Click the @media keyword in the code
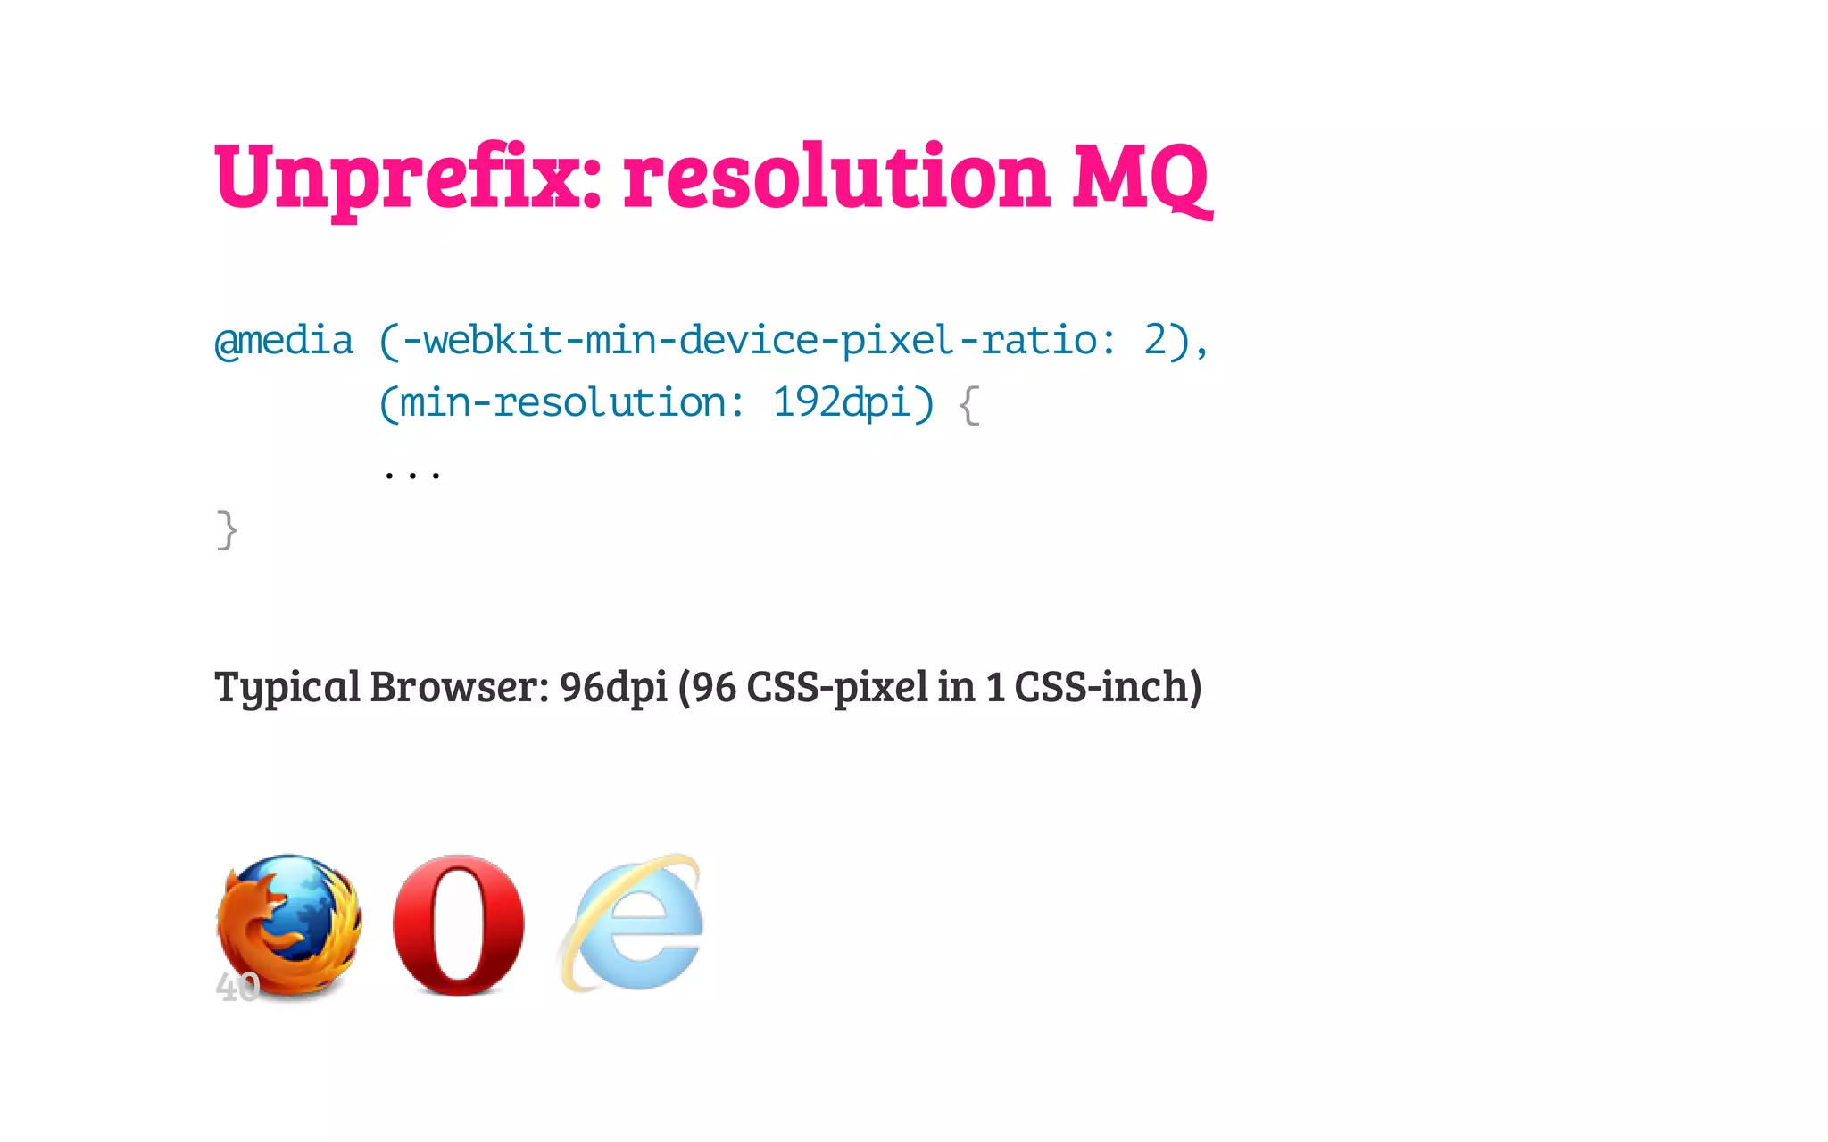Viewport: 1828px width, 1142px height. coord(284,342)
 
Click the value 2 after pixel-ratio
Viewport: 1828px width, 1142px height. coord(1155,341)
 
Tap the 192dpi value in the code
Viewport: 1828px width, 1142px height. coord(841,403)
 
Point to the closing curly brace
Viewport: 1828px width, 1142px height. coord(227,531)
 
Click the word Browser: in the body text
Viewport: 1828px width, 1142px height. coord(459,687)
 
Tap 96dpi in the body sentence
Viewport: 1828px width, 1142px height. coord(613,687)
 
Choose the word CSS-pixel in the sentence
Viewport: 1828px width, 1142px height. coord(836,687)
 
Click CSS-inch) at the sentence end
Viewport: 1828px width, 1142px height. coord(1108,687)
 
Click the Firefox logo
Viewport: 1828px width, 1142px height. coord(290,923)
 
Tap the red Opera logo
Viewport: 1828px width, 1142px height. coord(459,924)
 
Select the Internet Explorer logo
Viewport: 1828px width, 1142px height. coord(635,923)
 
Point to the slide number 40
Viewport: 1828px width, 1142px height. coord(237,988)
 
